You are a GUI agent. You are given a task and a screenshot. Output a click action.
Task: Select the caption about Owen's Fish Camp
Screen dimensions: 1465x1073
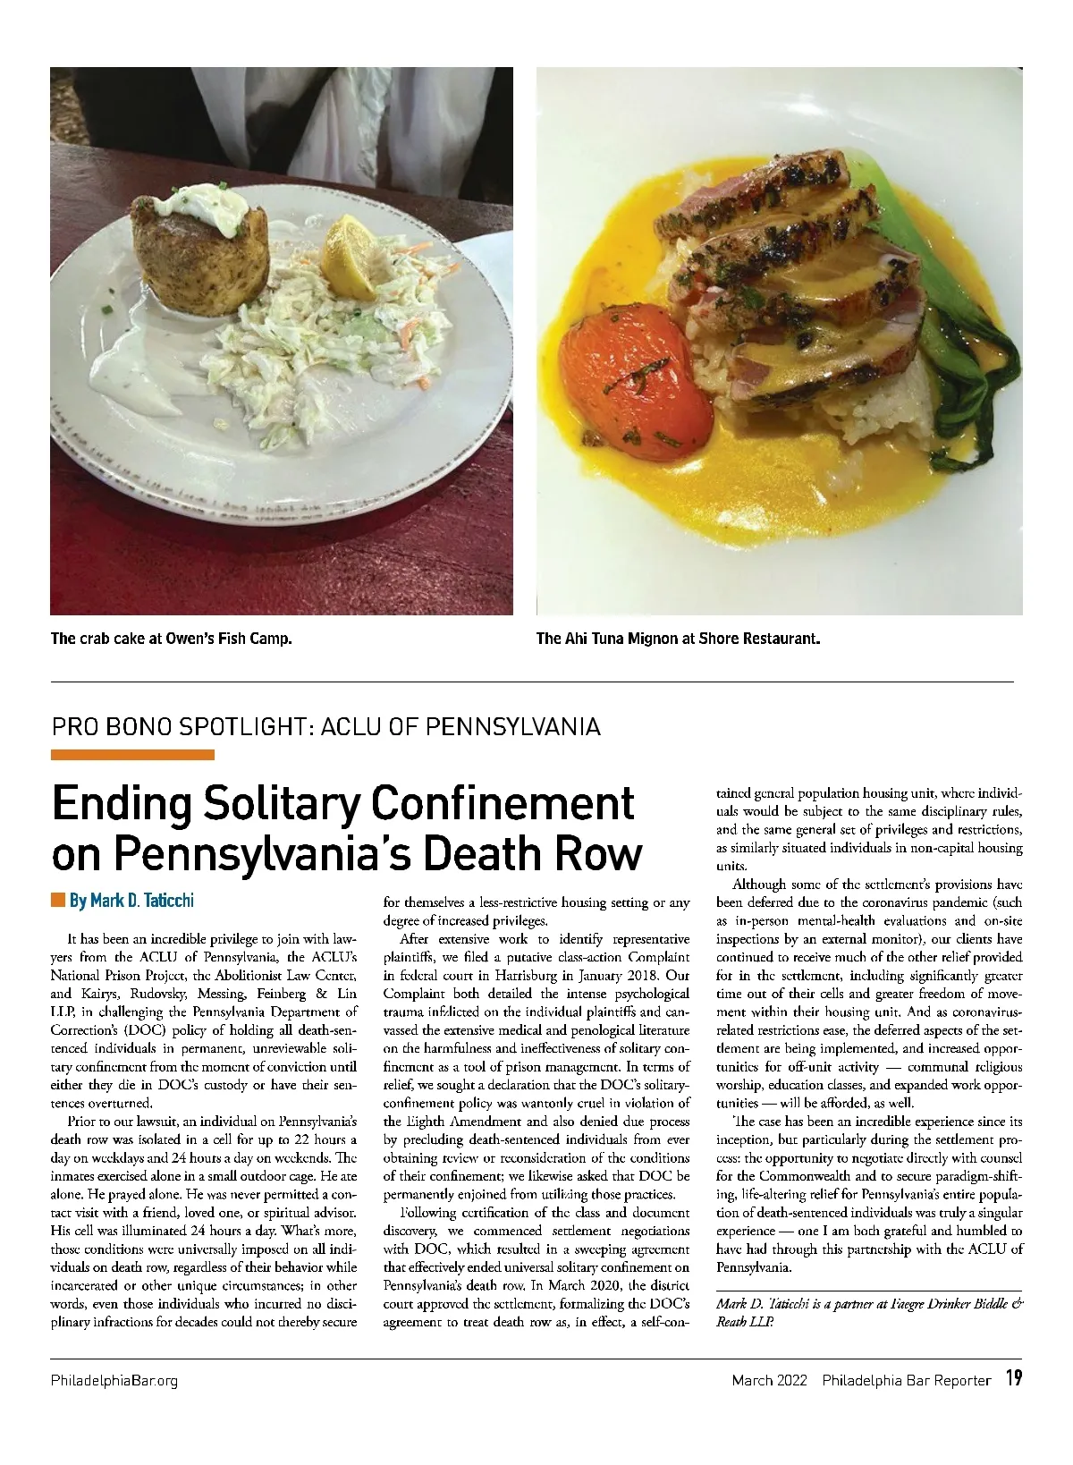(x=172, y=639)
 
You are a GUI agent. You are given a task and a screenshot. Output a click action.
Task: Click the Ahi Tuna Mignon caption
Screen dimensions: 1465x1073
(x=678, y=639)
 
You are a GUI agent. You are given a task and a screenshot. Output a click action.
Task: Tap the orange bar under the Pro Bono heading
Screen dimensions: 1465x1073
(x=132, y=755)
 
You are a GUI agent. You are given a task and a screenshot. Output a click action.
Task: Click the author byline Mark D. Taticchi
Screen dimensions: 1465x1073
(x=131, y=900)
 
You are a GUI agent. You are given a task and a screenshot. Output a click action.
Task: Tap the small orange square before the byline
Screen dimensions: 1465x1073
(x=58, y=899)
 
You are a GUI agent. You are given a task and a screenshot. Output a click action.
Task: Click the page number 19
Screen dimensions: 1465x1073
(x=1013, y=1378)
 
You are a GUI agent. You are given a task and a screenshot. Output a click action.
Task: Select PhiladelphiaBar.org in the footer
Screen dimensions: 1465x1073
(x=114, y=1380)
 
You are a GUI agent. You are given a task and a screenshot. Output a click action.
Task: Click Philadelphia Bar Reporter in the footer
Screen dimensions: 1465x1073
(x=907, y=1380)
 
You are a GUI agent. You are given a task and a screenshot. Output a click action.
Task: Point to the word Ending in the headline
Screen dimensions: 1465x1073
(x=121, y=804)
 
